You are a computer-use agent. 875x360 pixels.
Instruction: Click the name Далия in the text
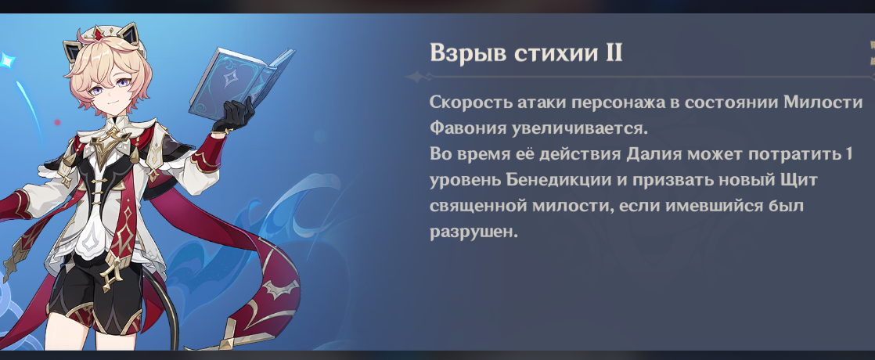[x=655, y=154]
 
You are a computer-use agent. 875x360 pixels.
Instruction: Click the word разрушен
[x=474, y=232]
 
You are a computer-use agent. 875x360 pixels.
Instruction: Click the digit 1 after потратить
[x=848, y=154]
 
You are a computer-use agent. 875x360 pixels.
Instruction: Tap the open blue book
[x=241, y=84]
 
